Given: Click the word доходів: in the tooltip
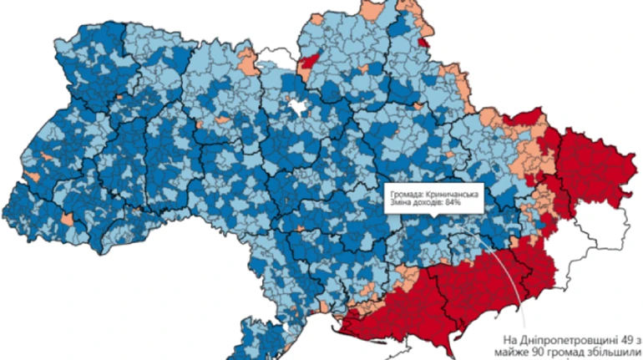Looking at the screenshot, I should point(428,205).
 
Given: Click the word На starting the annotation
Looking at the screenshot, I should point(511,340).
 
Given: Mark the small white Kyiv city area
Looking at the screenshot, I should point(296,107).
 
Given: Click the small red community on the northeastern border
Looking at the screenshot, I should point(424,41).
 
